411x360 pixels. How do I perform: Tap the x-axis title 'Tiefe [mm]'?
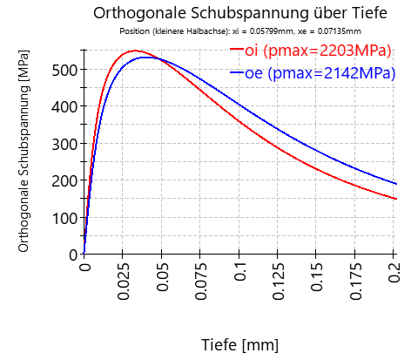[239, 344]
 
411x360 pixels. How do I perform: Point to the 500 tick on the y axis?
[65, 69]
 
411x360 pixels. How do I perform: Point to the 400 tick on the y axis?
[65, 106]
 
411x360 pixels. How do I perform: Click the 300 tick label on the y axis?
[65, 143]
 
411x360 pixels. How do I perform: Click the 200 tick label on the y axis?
[65, 180]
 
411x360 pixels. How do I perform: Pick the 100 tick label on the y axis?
[65, 217]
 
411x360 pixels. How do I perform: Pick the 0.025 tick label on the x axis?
[124, 281]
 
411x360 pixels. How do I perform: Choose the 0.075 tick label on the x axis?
[201, 281]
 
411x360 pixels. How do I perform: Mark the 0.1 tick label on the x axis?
[240, 272]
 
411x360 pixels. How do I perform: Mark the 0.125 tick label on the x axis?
[279, 281]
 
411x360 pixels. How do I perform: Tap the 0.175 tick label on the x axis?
[356, 281]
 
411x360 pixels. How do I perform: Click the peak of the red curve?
[135, 51]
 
